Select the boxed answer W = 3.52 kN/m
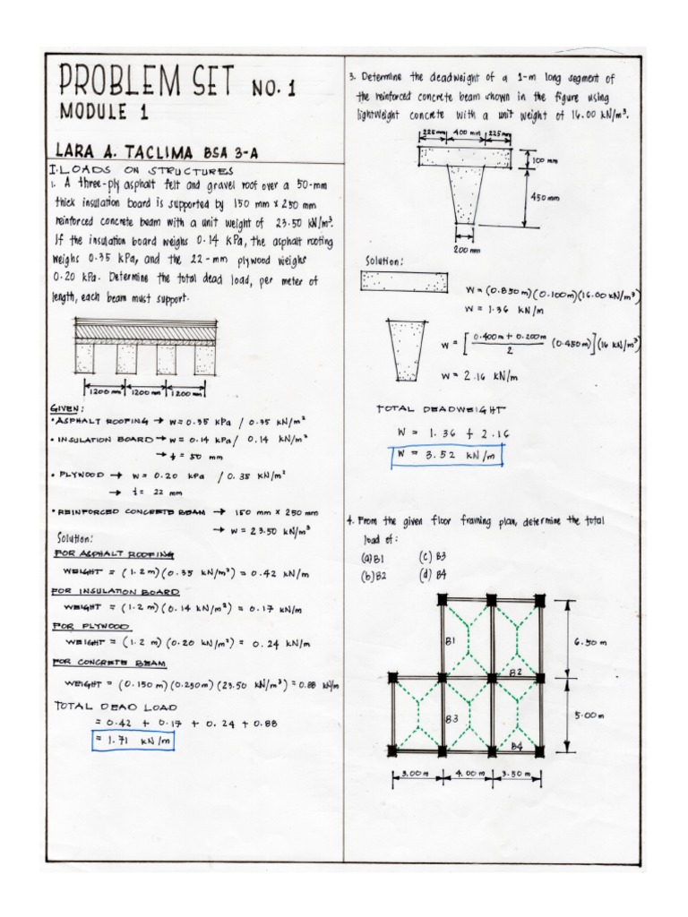coord(446,455)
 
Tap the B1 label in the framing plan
coord(450,640)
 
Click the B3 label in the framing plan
coord(452,718)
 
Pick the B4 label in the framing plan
coord(516,745)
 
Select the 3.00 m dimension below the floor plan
coord(415,773)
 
